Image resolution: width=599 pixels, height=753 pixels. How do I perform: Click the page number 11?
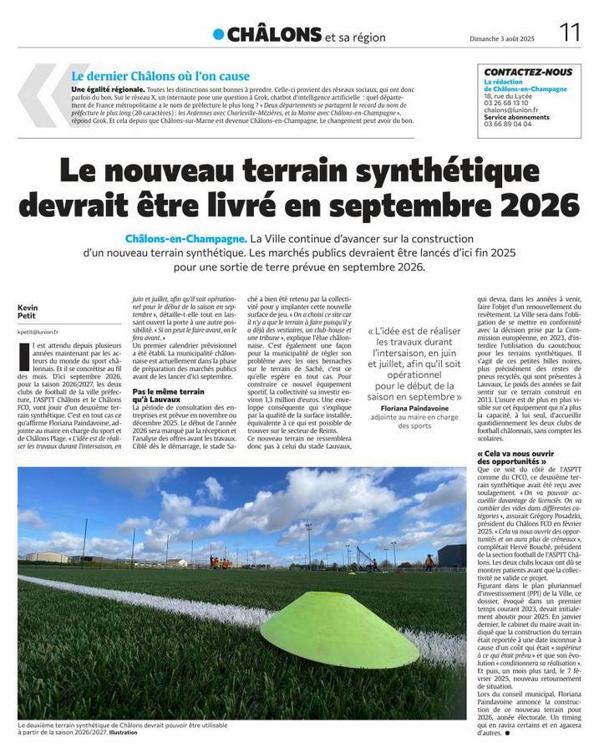(x=571, y=33)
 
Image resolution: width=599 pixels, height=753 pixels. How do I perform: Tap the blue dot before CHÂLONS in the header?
(x=218, y=34)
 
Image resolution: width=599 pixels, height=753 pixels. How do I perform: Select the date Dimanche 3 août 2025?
(x=506, y=37)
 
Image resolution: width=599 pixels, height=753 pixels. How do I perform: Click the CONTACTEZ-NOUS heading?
(x=528, y=72)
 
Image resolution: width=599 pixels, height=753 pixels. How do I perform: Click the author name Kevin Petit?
(x=28, y=312)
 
